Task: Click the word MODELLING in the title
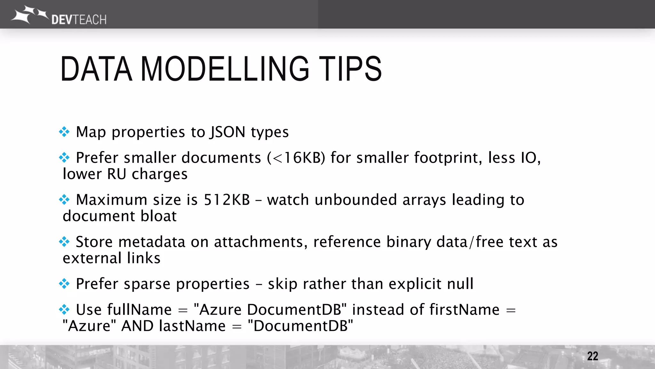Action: (x=225, y=69)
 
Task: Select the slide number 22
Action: (x=592, y=356)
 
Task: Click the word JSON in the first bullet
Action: (x=227, y=132)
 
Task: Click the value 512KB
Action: (x=226, y=200)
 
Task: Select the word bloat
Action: (x=159, y=216)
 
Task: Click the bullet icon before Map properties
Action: (x=64, y=132)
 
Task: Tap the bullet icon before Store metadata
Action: (x=64, y=242)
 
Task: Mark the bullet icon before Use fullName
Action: (x=64, y=310)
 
